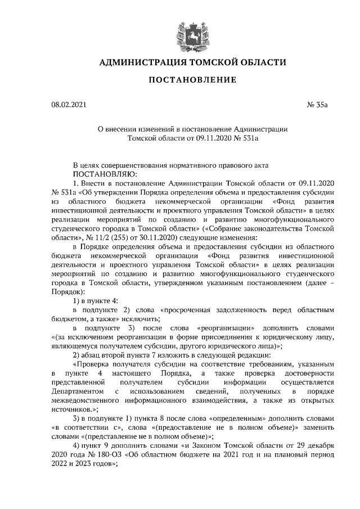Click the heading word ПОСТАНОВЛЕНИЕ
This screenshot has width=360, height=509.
click(x=192, y=80)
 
